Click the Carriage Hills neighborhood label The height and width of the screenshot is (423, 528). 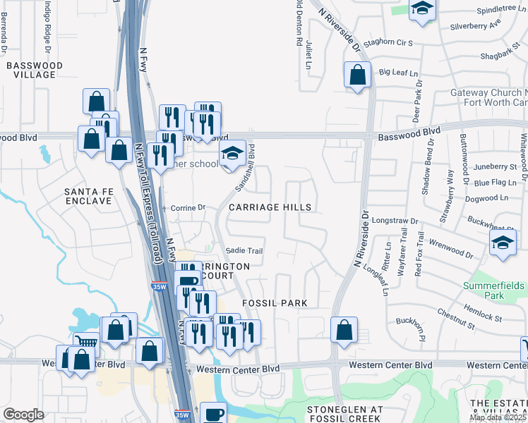click(x=270, y=207)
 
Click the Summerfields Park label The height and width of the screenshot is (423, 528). click(x=494, y=290)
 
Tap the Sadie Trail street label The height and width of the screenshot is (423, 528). click(x=244, y=251)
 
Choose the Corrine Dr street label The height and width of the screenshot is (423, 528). click(x=187, y=208)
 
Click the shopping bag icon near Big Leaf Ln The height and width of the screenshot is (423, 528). click(x=357, y=74)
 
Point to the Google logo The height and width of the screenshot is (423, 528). click(x=23, y=415)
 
